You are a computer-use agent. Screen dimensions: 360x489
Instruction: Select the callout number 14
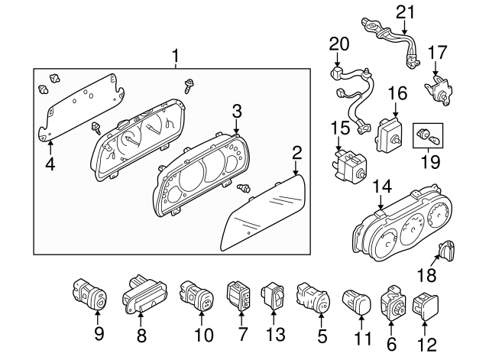point(381,186)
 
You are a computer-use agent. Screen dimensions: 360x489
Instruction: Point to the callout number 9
point(99,333)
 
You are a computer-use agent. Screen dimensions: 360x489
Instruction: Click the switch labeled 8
point(141,294)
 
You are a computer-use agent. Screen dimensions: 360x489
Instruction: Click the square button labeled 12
point(425,305)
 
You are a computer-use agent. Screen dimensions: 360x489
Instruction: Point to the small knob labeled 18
point(449,249)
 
